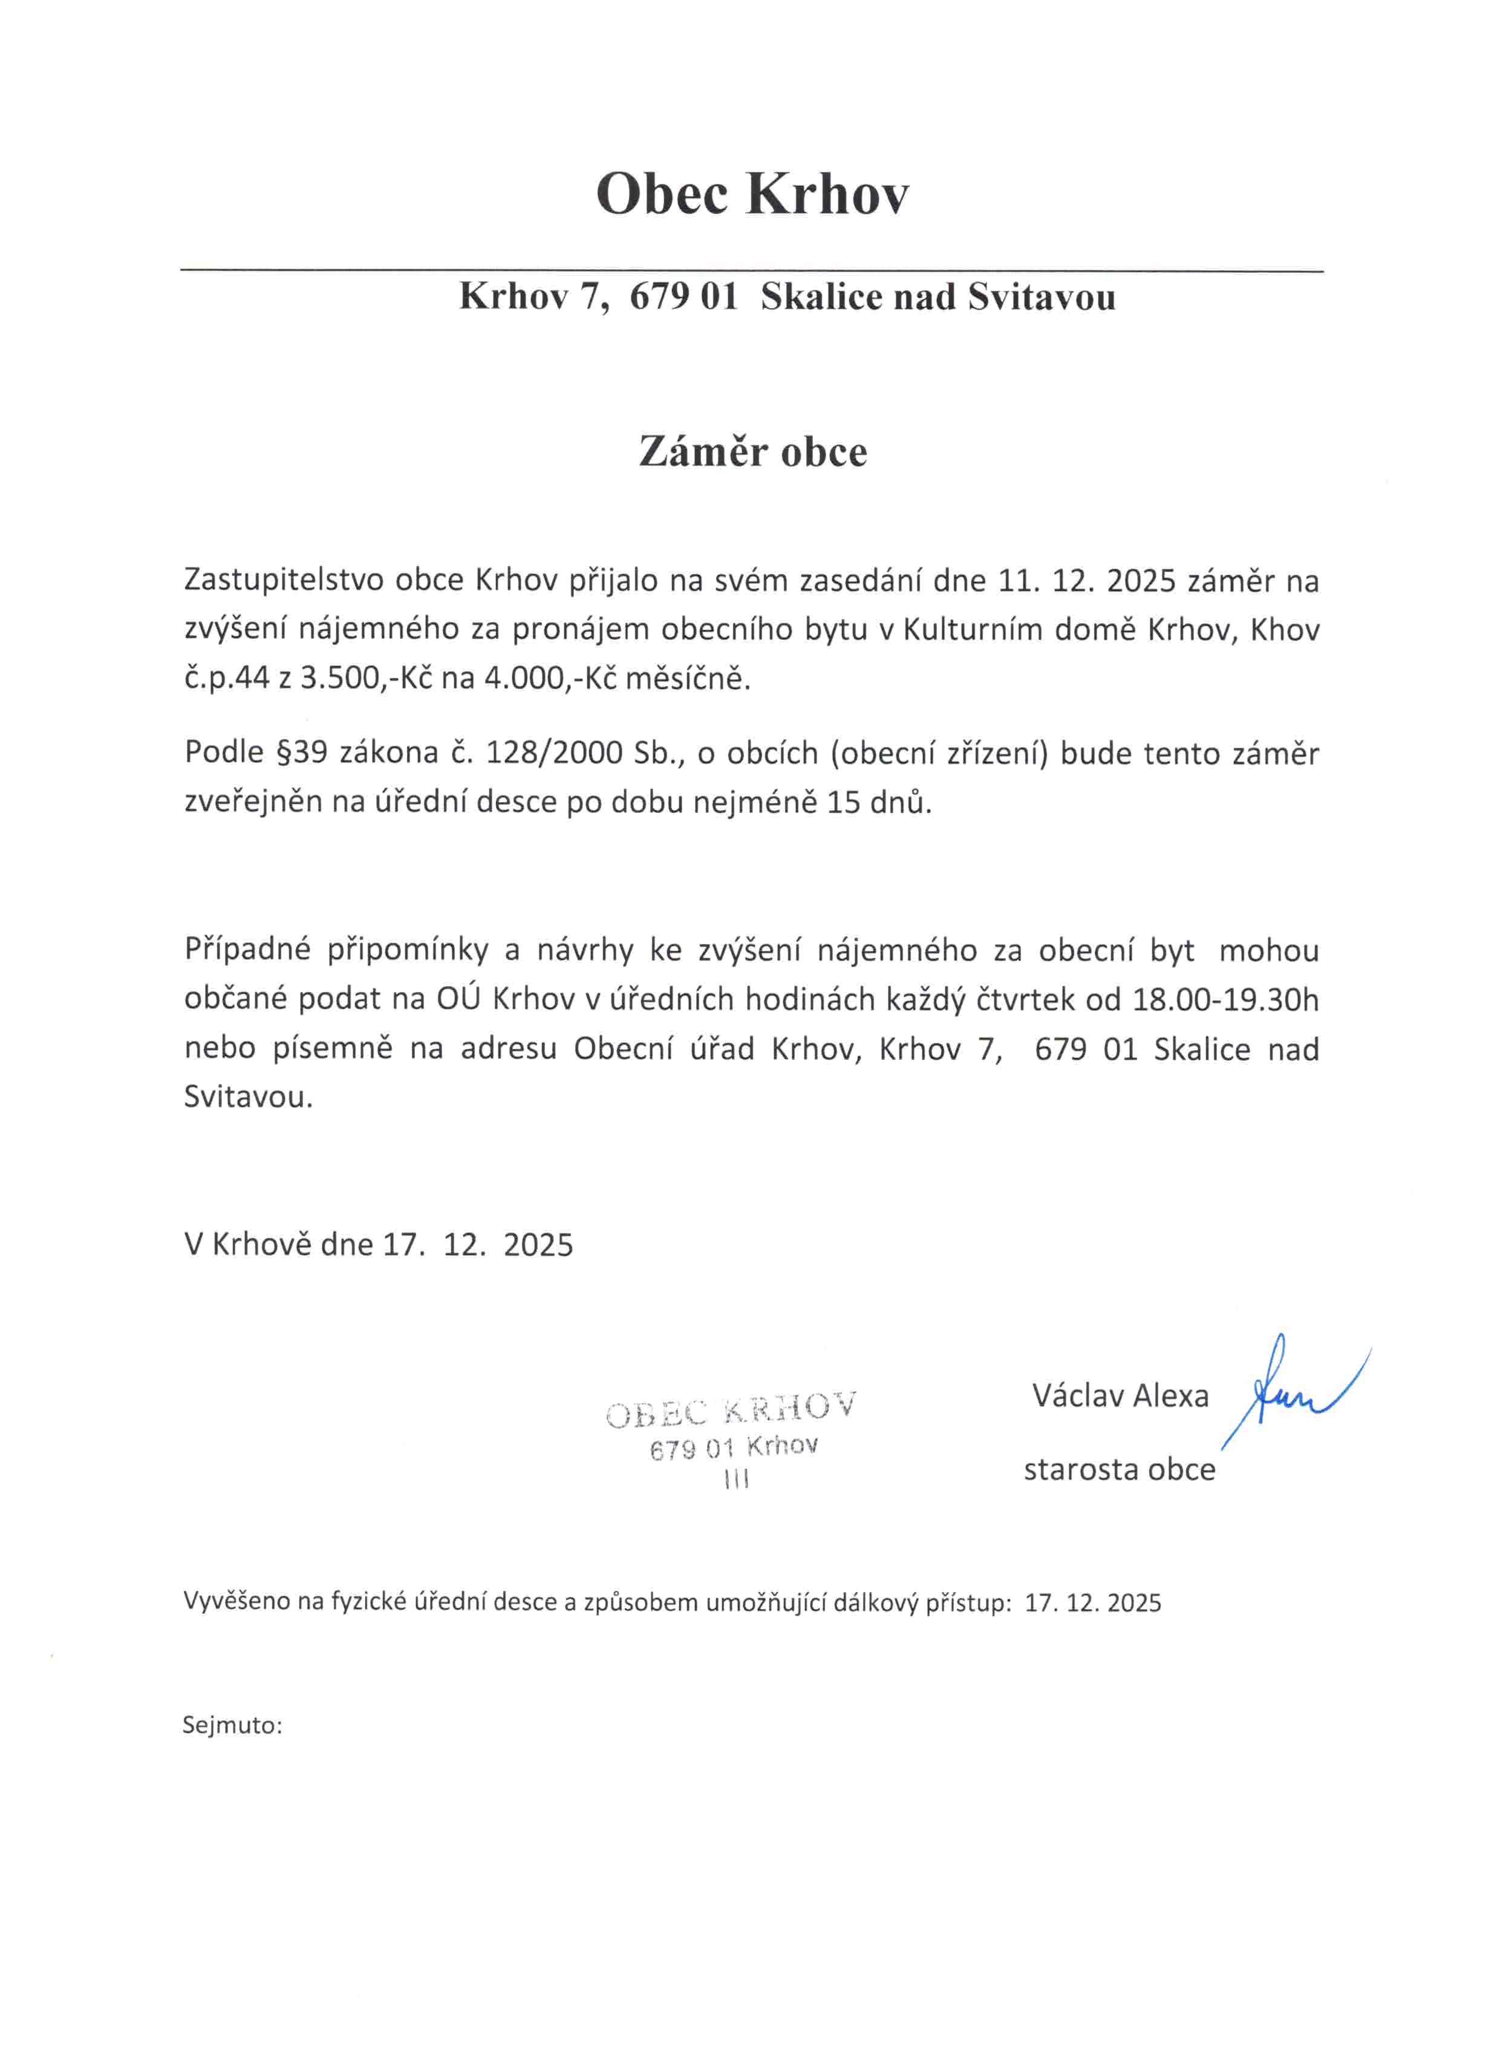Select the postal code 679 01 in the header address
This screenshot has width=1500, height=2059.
tap(683, 298)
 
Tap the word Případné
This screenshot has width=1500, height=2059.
tap(247, 950)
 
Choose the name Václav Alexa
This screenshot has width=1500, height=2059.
tap(1120, 1395)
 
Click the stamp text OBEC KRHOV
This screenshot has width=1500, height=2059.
tap(731, 1410)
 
